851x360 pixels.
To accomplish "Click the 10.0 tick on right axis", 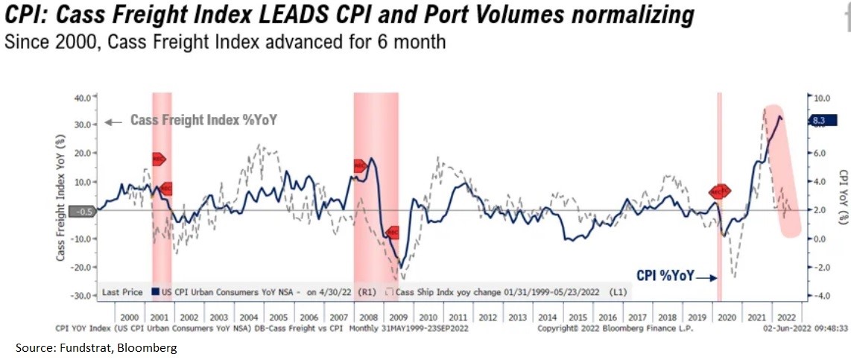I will click(x=820, y=98).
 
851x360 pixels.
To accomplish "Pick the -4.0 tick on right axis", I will click(x=820, y=296).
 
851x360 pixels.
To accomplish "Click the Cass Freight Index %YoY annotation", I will click(x=203, y=120).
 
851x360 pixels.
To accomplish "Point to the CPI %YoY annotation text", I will click(x=664, y=276).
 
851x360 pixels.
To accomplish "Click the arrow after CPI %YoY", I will click(x=707, y=277).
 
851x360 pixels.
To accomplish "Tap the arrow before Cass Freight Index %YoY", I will click(x=114, y=121).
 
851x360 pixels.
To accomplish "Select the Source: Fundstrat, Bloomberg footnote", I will click(x=96, y=348).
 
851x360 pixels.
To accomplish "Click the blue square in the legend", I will click(x=156, y=293).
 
